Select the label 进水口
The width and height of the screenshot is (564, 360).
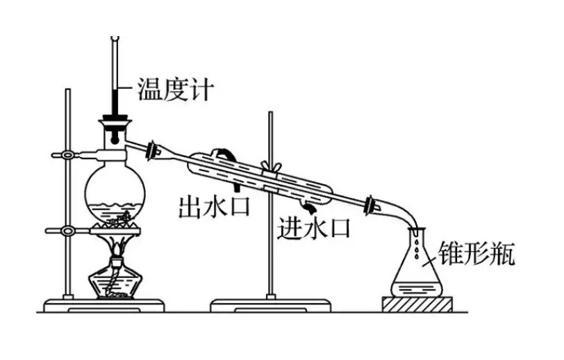pos(314,228)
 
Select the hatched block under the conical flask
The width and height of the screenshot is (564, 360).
pos(416,304)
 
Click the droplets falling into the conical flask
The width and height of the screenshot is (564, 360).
pos(416,243)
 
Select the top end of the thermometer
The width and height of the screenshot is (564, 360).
pos(115,39)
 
